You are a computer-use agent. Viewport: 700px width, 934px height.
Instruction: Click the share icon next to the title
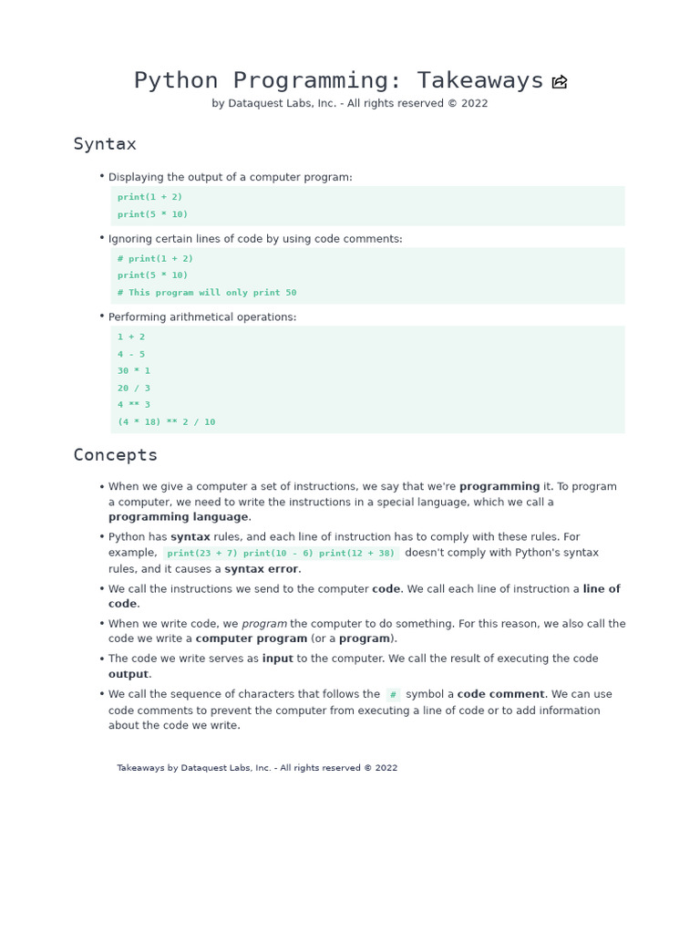click(x=560, y=82)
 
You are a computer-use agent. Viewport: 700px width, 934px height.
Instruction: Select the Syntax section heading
click(x=105, y=144)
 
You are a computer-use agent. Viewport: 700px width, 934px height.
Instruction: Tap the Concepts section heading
click(x=115, y=454)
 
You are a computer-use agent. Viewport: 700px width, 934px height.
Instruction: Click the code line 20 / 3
click(x=134, y=388)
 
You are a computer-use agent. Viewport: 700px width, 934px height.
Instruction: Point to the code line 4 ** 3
click(x=134, y=404)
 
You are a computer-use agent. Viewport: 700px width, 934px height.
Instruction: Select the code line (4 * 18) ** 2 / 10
click(x=166, y=421)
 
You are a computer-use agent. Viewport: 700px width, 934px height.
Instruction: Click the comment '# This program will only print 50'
click(x=207, y=293)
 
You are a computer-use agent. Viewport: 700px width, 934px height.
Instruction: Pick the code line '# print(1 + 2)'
click(x=155, y=258)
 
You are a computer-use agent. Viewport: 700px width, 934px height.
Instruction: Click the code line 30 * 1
click(x=134, y=370)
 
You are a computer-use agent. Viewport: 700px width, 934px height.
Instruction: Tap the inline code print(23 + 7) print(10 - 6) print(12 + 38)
click(x=281, y=553)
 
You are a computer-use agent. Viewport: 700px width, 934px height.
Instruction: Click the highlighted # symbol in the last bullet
click(x=393, y=694)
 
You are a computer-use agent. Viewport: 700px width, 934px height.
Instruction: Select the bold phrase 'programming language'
click(x=178, y=517)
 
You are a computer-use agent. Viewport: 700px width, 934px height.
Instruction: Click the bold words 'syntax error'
click(x=262, y=569)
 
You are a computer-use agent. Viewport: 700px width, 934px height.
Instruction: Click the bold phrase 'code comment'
click(x=500, y=694)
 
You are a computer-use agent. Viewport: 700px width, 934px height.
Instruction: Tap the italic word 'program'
click(x=264, y=624)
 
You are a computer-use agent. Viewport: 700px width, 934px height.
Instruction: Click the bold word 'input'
click(x=277, y=659)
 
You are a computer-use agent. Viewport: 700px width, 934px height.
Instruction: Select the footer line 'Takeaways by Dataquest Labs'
click(x=257, y=768)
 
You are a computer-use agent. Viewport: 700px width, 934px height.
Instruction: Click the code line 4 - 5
click(x=131, y=354)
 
